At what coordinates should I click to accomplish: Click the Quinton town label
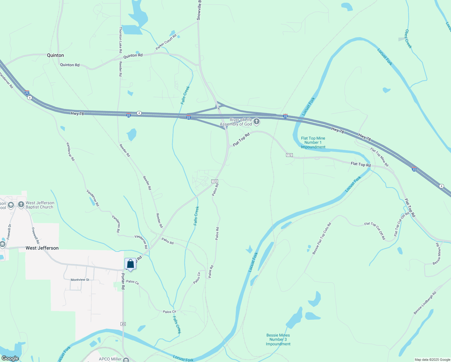pyautogui.click(x=55, y=55)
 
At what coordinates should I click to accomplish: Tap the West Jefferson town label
pyautogui.click(x=42, y=248)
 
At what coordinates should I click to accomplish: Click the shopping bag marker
pyautogui.click(x=130, y=264)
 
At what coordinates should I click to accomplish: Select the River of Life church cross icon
pyautogui.click(x=257, y=122)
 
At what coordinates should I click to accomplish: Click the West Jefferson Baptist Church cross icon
pyautogui.click(x=21, y=205)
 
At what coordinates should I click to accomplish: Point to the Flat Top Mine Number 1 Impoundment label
pyautogui.click(x=313, y=143)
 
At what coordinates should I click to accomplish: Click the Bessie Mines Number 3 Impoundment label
pyautogui.click(x=278, y=339)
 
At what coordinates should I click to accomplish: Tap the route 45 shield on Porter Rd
pyautogui.click(x=123, y=324)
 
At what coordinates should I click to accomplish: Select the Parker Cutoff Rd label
pyautogui.click(x=166, y=42)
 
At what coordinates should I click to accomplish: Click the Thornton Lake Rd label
pyautogui.click(x=121, y=40)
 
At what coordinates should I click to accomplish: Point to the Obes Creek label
pyautogui.click(x=408, y=39)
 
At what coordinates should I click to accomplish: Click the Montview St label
pyautogui.click(x=80, y=280)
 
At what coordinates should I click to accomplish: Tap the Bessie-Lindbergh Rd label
pyautogui.click(x=425, y=303)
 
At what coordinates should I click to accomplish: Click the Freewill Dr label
pyautogui.click(x=9, y=232)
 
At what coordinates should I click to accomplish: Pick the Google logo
pyautogui.click(x=10, y=358)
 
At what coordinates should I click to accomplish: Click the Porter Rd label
pyautogui.click(x=123, y=281)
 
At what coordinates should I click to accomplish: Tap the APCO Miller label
pyautogui.click(x=110, y=359)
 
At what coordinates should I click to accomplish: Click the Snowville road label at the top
pyautogui.click(x=199, y=10)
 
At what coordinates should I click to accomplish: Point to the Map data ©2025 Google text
pyautogui.click(x=432, y=360)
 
